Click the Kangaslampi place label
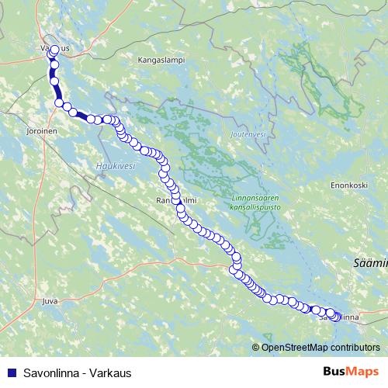(x=161, y=59)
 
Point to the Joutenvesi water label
(x=248, y=134)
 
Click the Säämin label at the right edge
(x=371, y=265)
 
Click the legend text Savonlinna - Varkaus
(x=77, y=372)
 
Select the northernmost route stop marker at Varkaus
(x=54, y=50)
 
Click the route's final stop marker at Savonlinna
(x=334, y=317)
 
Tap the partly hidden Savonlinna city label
(x=340, y=317)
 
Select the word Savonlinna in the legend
(x=54, y=372)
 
